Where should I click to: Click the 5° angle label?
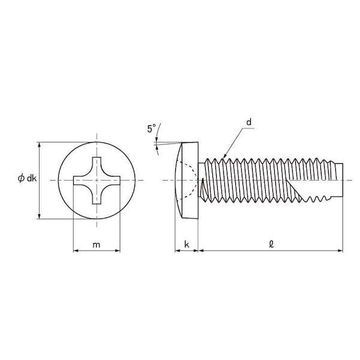(x=151, y=128)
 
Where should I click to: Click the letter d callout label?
(x=249, y=122)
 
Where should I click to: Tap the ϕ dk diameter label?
(x=27, y=178)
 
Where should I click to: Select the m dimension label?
(x=97, y=245)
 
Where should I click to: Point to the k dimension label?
(x=187, y=244)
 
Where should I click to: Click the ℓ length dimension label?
(x=271, y=244)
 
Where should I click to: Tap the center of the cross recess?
(x=97, y=180)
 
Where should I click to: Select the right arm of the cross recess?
(x=113, y=180)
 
